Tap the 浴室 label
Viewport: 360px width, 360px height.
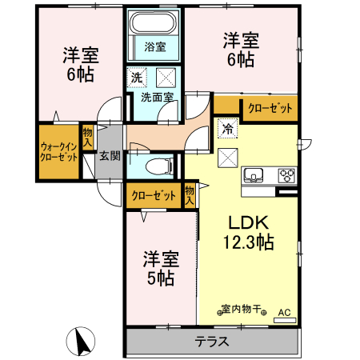(x=154, y=46)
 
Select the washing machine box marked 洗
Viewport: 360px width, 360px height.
(x=136, y=78)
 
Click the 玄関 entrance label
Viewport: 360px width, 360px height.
(x=110, y=155)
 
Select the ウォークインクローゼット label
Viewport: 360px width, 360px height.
(x=58, y=152)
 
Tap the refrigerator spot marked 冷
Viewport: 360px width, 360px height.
(x=226, y=128)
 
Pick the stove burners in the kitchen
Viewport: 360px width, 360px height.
(x=286, y=175)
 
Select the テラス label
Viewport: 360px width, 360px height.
(x=212, y=342)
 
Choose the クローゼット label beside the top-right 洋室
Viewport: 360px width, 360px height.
(x=270, y=108)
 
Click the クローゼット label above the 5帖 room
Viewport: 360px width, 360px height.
(x=153, y=194)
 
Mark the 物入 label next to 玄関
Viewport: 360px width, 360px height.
(x=87, y=137)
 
